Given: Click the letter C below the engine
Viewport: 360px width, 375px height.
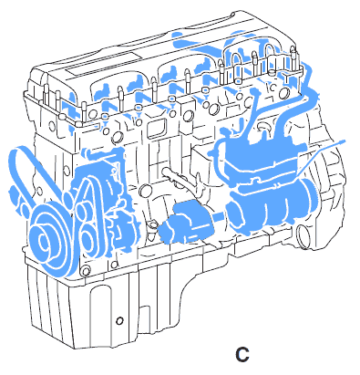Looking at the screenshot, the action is (242, 354).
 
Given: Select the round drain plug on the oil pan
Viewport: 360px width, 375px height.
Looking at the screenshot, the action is (119, 320).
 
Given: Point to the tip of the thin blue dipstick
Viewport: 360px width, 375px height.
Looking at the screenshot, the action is (345, 141).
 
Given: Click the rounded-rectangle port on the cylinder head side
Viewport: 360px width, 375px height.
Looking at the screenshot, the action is (156, 129).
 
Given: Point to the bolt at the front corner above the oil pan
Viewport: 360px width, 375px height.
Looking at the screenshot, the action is (86, 271).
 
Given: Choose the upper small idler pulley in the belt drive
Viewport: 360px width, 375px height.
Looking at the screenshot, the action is (83, 211).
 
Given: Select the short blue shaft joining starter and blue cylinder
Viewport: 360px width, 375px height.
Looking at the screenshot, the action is (221, 217).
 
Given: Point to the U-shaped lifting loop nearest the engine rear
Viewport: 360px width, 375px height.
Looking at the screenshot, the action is (269, 57).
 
